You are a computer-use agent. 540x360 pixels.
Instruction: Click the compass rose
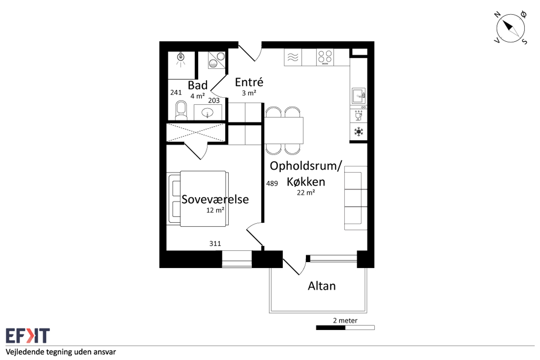click(x=510, y=28)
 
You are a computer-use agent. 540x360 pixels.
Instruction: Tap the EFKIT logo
click(x=28, y=336)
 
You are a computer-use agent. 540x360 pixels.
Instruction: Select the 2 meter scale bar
click(x=345, y=328)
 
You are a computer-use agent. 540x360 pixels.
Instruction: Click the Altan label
click(x=321, y=286)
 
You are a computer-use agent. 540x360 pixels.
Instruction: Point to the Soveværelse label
click(x=215, y=199)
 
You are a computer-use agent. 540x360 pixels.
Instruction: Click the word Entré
click(x=249, y=82)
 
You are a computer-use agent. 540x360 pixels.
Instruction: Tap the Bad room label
click(x=198, y=85)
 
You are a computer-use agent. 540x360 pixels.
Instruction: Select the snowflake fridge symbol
click(x=359, y=132)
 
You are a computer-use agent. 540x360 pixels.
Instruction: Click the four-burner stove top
click(x=325, y=57)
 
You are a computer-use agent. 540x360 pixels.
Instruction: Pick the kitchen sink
click(x=359, y=96)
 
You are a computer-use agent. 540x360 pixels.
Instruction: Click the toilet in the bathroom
click(x=181, y=110)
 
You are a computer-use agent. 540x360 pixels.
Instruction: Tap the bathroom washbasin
click(x=208, y=112)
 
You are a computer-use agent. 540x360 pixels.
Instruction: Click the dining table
click(x=284, y=130)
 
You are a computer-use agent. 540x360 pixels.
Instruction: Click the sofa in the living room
click(x=356, y=198)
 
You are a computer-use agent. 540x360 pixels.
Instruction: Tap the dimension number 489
click(x=272, y=184)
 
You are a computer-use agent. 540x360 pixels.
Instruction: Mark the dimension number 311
click(x=215, y=244)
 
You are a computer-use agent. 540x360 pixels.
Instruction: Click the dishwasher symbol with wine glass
click(x=359, y=116)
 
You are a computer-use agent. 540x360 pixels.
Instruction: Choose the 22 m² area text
click(x=306, y=192)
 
